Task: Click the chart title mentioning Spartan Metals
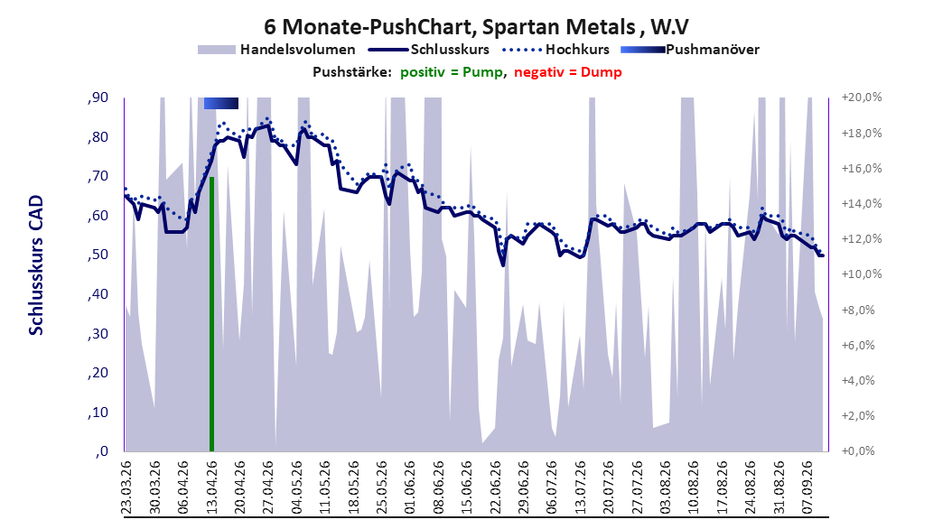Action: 477,27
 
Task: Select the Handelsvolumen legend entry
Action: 277,50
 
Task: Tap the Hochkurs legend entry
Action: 557,50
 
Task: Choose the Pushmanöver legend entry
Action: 690,50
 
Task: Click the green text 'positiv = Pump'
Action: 452,72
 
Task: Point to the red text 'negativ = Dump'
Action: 568,72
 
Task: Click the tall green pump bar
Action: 212,313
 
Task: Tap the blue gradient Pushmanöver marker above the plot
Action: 221,104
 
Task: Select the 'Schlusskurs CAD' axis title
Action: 36,265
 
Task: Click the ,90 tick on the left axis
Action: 98,97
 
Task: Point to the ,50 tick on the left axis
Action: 98,255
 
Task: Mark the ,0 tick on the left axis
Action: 102,451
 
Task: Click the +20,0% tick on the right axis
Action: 862,97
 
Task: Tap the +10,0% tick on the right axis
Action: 862,274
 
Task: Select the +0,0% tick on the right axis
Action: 858,451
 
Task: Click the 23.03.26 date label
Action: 126,487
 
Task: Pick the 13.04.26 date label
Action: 211,487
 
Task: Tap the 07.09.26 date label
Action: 807,487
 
